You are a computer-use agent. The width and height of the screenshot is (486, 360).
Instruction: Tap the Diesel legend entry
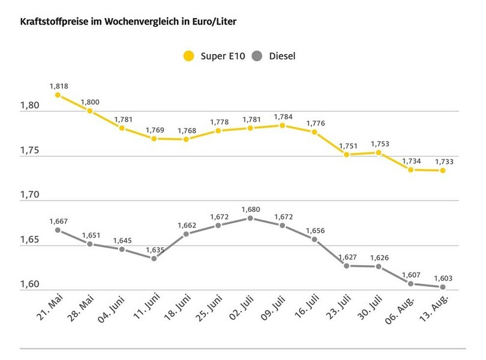(276, 56)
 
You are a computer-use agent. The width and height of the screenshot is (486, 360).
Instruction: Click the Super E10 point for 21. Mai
(58, 95)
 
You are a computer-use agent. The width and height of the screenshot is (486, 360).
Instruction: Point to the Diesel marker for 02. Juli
(250, 218)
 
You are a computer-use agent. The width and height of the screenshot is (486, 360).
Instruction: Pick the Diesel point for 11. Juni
(154, 259)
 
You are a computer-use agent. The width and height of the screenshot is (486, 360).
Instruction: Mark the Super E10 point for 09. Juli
(282, 125)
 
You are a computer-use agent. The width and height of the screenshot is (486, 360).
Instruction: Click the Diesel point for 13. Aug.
(443, 287)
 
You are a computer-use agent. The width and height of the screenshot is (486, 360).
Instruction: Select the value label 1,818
(58, 86)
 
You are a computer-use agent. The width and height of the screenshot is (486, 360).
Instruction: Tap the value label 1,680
(250, 209)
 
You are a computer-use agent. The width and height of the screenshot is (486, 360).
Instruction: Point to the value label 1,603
(443, 277)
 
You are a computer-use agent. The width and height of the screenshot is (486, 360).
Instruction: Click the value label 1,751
(346, 145)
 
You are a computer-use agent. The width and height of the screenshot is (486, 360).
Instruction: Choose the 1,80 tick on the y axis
(29, 106)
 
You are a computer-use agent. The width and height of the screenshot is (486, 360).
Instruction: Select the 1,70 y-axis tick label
(29, 195)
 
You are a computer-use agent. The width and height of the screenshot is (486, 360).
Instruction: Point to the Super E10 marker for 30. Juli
(379, 152)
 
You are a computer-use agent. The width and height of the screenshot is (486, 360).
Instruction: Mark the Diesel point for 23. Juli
(346, 266)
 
